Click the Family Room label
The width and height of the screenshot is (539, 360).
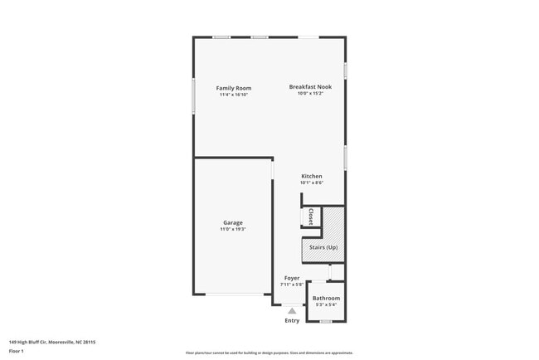coord(234,88)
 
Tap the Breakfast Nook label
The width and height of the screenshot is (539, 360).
coord(310,87)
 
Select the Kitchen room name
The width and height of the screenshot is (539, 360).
coord(312,176)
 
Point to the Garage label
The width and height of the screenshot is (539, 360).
coord(233,222)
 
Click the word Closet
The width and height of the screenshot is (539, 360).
coord(310,216)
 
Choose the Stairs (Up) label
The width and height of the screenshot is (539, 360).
coord(323,247)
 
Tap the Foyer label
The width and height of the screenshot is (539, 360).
coord(292,278)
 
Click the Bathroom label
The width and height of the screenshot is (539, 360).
coord(326,298)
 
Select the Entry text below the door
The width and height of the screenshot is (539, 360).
coord(292,320)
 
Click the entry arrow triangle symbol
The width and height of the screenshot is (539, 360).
coord(292,310)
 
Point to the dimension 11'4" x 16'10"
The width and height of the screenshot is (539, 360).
coord(234,95)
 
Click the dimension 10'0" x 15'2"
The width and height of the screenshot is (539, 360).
coord(310,94)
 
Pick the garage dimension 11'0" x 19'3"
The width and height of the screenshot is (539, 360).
coord(233,229)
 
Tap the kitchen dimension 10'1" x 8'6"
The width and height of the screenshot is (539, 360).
coord(312,182)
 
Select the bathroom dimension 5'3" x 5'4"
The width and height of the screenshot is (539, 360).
coord(326,304)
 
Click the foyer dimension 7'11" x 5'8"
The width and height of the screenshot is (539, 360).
coord(292,285)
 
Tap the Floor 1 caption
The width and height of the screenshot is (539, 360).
coord(17,351)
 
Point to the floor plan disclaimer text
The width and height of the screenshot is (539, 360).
coord(269,353)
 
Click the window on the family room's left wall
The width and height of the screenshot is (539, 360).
coord(194,96)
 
